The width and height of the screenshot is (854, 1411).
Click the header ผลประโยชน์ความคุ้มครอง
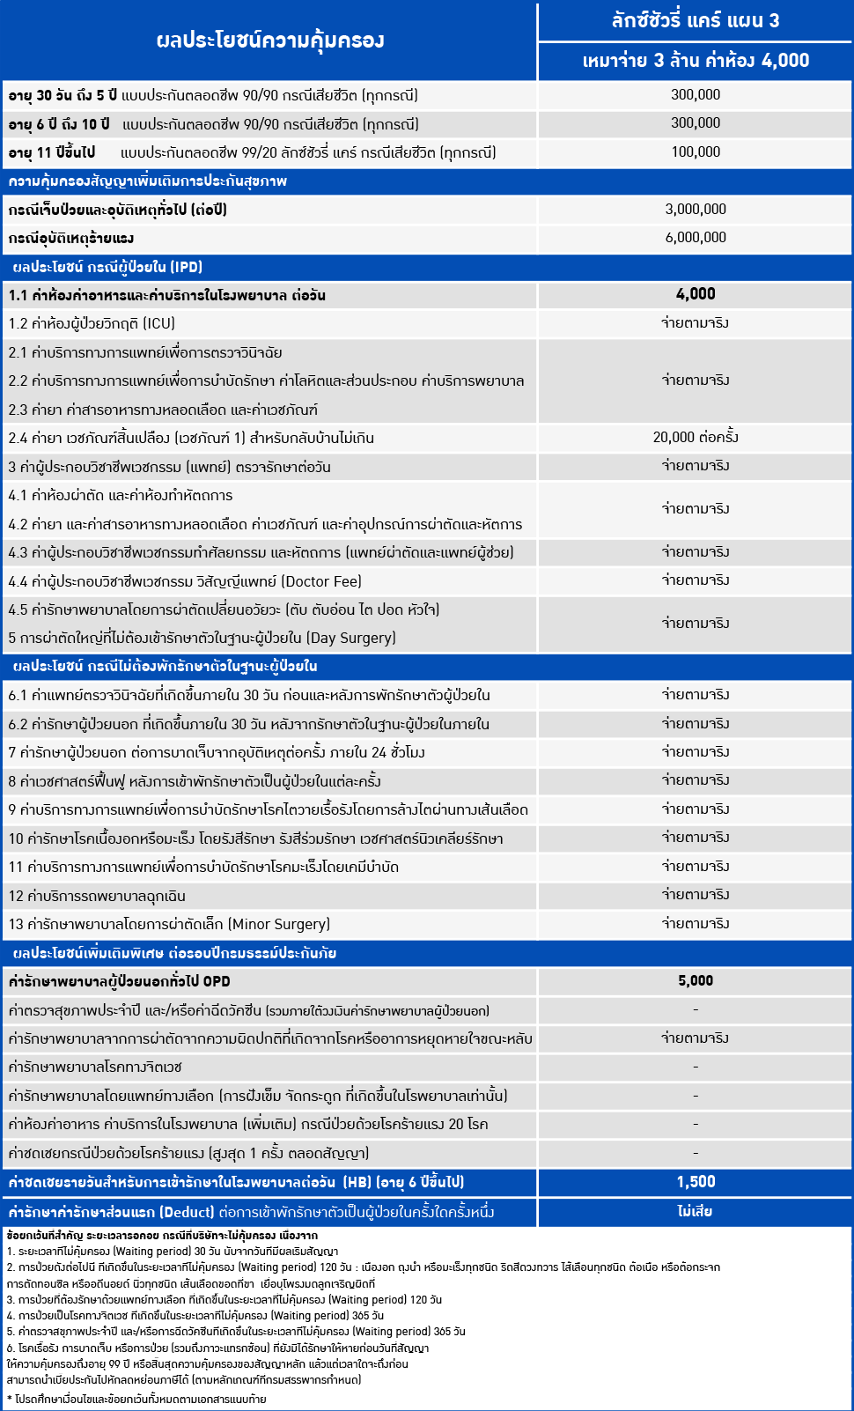coord(269,41)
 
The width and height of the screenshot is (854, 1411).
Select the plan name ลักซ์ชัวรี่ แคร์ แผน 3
coord(696,20)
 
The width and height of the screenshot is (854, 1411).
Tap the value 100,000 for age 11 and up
coord(696,152)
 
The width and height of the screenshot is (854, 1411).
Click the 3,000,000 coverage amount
coord(696,210)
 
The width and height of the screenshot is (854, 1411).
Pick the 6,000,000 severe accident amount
coord(696,238)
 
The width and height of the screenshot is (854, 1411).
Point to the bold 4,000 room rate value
coord(696,294)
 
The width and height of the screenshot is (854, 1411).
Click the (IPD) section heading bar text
coord(107,267)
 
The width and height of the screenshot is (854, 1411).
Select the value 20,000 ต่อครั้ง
coord(696,438)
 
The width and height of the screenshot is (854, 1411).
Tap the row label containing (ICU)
coord(92,323)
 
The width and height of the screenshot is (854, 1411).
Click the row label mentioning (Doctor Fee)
coord(185,581)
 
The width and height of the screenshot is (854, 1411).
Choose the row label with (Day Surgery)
coord(202,638)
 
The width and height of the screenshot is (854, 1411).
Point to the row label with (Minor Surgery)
coord(169,924)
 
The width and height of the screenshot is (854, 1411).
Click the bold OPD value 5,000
coord(696,981)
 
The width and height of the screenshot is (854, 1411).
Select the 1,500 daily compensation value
coord(696,1182)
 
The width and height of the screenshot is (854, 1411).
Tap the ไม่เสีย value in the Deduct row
coord(696,1212)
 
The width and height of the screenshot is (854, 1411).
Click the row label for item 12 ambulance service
coord(97,896)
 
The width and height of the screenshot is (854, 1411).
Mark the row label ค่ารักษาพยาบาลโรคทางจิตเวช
coord(95,1067)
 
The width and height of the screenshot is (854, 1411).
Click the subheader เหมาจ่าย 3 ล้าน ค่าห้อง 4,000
coord(696,61)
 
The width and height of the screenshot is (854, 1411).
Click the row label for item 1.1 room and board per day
coord(167,295)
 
